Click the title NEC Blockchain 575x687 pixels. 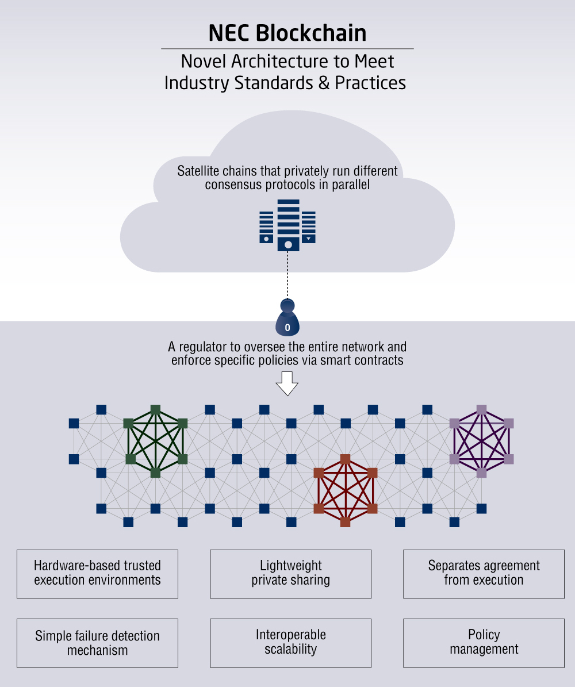point(287,33)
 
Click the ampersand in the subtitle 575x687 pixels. point(324,83)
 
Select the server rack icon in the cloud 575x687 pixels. point(287,225)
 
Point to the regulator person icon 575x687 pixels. point(287,318)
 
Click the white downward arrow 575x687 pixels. point(287,383)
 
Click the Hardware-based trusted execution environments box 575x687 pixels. point(97,574)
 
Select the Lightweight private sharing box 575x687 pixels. point(290,574)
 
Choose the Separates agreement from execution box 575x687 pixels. point(484,574)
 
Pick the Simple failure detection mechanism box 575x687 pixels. point(97,643)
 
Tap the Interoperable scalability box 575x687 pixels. point(290,643)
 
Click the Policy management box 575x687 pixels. point(484,643)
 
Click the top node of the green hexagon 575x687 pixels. point(156,410)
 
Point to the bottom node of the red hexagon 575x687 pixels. point(346,522)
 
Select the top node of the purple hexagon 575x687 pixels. point(482,410)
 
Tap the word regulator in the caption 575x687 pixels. point(203,347)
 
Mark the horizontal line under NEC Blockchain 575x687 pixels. point(287,49)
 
